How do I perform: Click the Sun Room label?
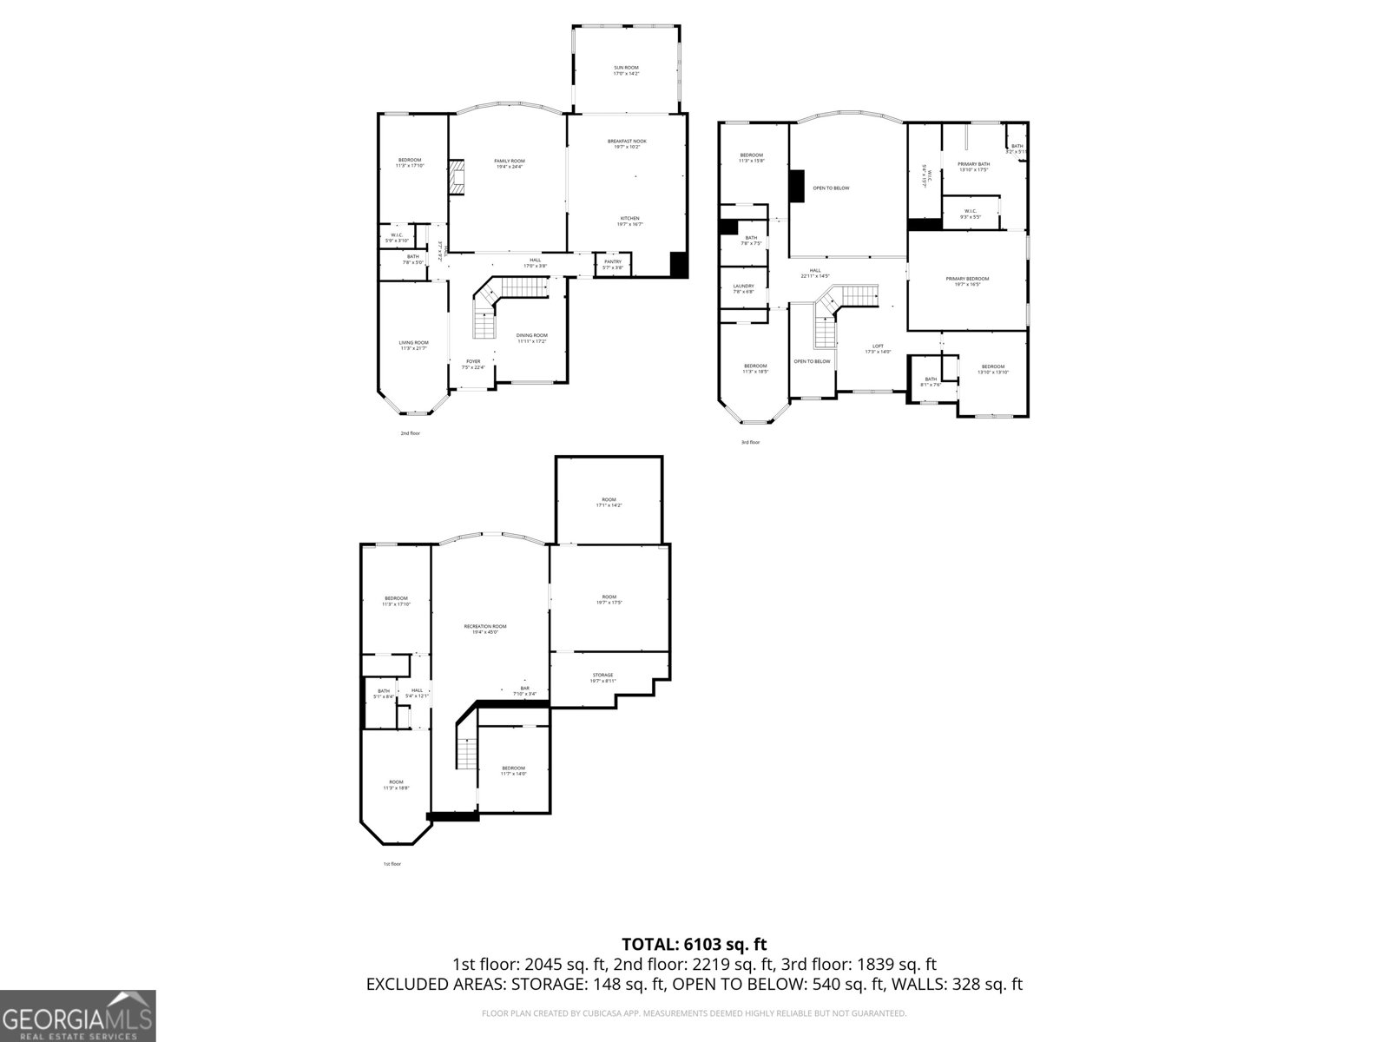[626, 69]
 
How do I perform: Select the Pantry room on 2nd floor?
[613, 264]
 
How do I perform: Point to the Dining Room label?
[532, 338]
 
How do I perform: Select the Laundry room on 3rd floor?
[743, 288]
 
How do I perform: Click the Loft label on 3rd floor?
[878, 348]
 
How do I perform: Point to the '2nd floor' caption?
[410, 432]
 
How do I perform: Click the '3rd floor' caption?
[750, 442]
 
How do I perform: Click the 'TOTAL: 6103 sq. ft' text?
[694, 944]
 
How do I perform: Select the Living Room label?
[413, 345]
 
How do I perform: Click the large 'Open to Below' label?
[831, 188]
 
